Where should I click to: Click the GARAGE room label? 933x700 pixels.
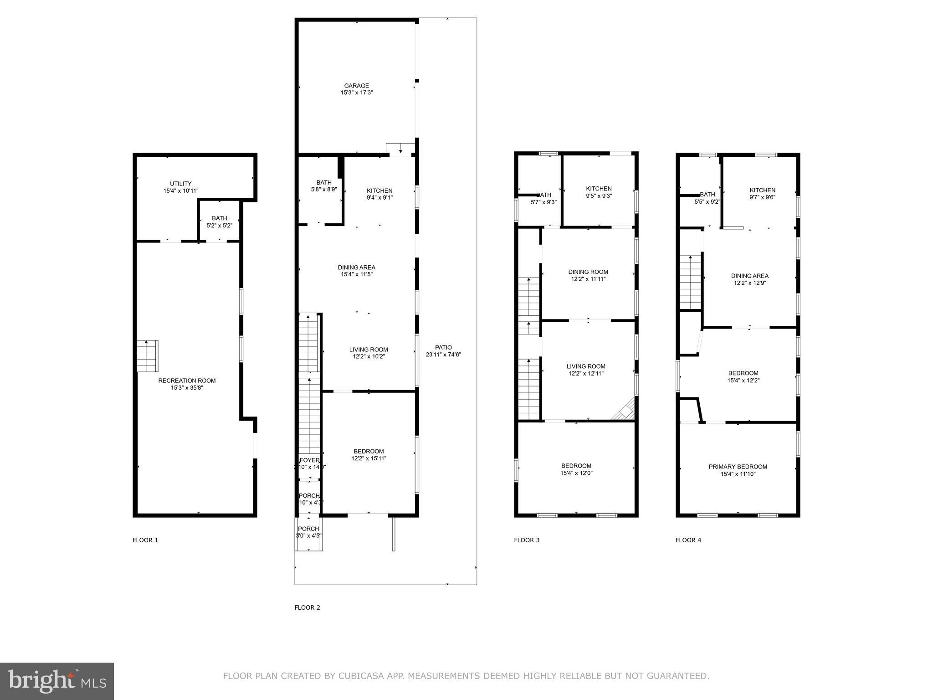pyautogui.click(x=356, y=86)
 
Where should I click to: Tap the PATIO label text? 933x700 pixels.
pyautogui.click(x=443, y=347)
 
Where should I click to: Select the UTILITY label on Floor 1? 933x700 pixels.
pyautogui.click(x=181, y=184)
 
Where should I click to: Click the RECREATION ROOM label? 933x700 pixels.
pyautogui.click(x=187, y=381)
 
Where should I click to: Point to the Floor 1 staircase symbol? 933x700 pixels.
pyautogui.click(x=148, y=356)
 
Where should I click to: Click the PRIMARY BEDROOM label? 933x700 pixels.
pyautogui.click(x=738, y=467)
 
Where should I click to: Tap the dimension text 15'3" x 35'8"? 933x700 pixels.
pyautogui.click(x=187, y=388)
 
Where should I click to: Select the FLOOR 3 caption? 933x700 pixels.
pyautogui.click(x=527, y=540)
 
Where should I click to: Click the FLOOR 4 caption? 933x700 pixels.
pyautogui.click(x=688, y=540)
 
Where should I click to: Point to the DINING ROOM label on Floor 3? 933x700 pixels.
pyautogui.click(x=588, y=272)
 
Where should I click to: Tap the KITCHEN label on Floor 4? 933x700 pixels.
pyautogui.click(x=762, y=190)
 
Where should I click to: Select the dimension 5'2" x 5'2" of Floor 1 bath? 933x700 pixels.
pyautogui.click(x=219, y=225)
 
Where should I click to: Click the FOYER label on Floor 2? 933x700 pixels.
pyautogui.click(x=309, y=460)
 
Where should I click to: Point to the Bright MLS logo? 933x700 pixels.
pyautogui.click(x=56, y=681)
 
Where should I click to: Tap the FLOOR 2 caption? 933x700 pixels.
pyautogui.click(x=307, y=607)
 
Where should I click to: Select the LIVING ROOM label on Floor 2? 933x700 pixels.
pyautogui.click(x=369, y=350)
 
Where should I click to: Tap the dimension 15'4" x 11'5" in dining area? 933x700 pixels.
pyautogui.click(x=357, y=274)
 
